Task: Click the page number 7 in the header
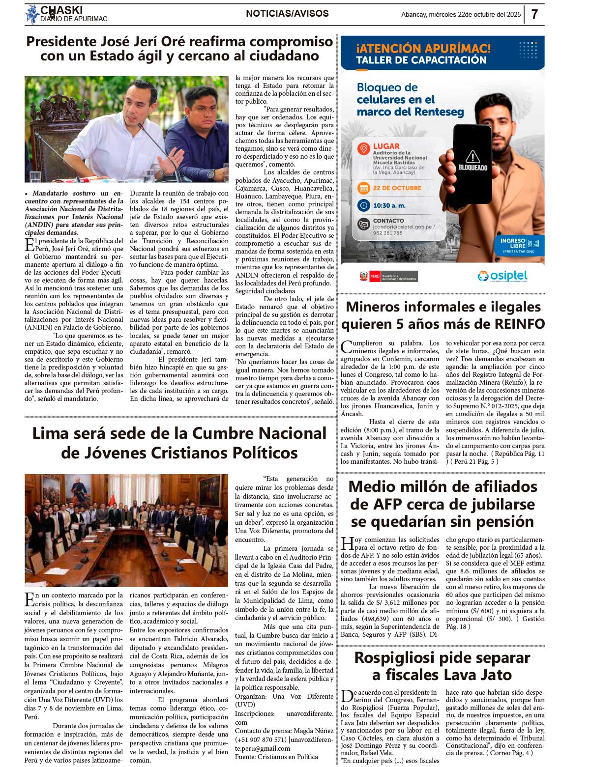534,14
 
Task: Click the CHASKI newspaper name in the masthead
61,10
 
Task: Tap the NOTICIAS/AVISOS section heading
287,14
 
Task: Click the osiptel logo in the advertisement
502,276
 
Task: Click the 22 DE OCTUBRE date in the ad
397,188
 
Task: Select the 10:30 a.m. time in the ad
389,205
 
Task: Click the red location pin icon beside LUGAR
363,148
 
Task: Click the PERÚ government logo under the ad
388,276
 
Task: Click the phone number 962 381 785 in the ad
387,233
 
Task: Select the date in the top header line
461,15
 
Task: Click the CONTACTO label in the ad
388,221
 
